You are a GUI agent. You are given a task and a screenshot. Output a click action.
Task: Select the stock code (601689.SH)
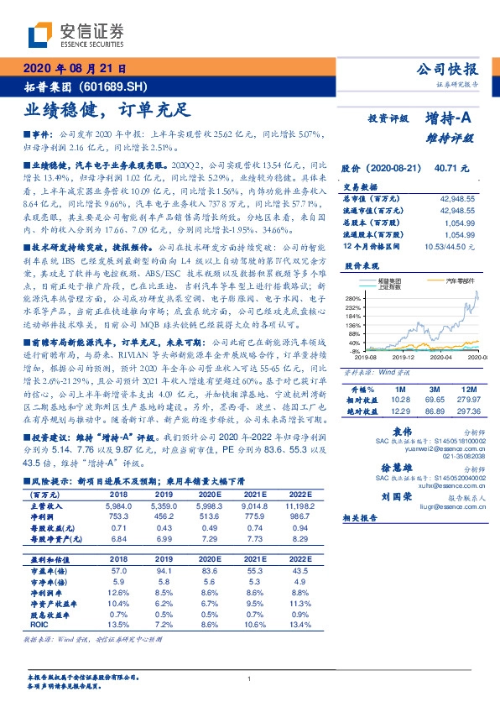pyautogui.click(x=118, y=86)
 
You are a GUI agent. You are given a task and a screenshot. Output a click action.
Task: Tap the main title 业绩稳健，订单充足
pyautogui.click(x=107, y=108)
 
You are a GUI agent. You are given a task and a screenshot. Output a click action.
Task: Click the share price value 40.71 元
pyautogui.click(x=451, y=169)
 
